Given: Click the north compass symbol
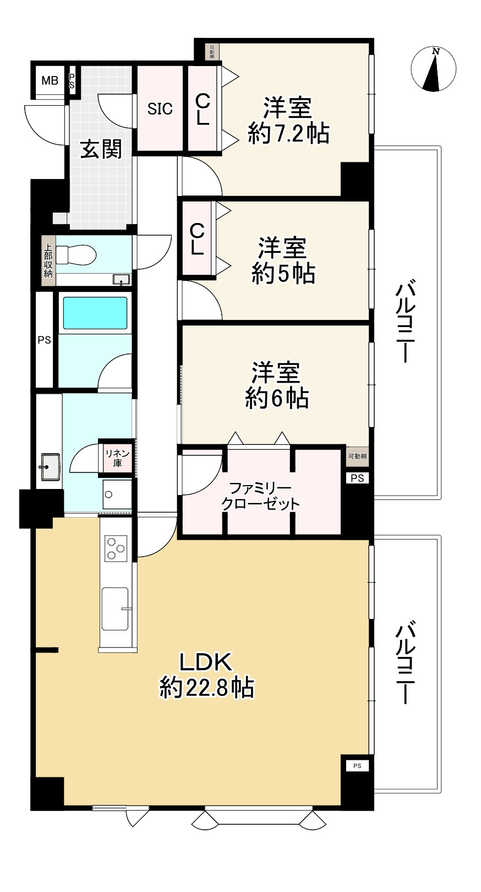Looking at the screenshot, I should click(434, 69).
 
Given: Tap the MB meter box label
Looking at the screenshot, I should click(50, 81).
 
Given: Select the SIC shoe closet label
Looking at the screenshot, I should click(160, 109).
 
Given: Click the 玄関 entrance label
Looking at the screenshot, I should click(101, 149).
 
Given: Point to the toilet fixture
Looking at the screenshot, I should click(77, 255).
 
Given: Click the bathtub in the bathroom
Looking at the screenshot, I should click(95, 313).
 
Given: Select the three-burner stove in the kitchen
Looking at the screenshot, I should click(116, 548).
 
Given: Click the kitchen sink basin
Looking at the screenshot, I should click(115, 609).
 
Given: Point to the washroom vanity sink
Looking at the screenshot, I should click(50, 466).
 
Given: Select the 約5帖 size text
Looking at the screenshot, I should click(283, 274).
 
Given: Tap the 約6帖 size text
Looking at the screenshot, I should click(276, 398).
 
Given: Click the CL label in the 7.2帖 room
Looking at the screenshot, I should click(203, 109).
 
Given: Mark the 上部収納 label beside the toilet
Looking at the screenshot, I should click(48, 260).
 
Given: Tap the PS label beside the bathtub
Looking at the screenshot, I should click(44, 340).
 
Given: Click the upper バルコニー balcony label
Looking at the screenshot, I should click(406, 322).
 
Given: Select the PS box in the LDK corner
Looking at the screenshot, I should click(357, 765).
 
